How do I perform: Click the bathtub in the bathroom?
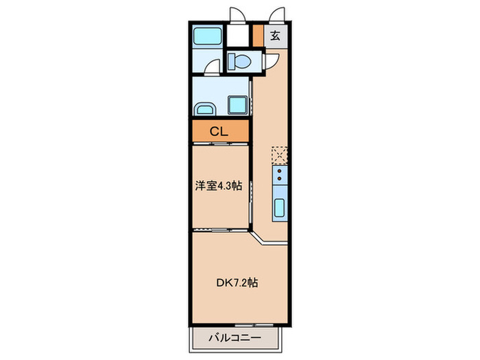coord(206,36)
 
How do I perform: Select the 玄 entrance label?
coord(275,36)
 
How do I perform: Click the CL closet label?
coord(219,130)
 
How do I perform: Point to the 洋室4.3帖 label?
coord(219,185)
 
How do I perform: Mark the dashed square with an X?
coord(280,155)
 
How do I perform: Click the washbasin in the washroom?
coord(204,109)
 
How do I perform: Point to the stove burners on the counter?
coord(280,178)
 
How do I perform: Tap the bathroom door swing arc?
coord(213,67)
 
